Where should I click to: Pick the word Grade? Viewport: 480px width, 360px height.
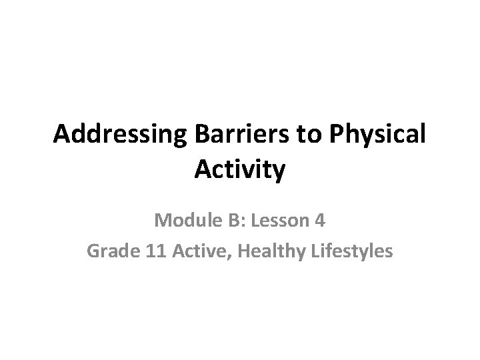109,253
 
